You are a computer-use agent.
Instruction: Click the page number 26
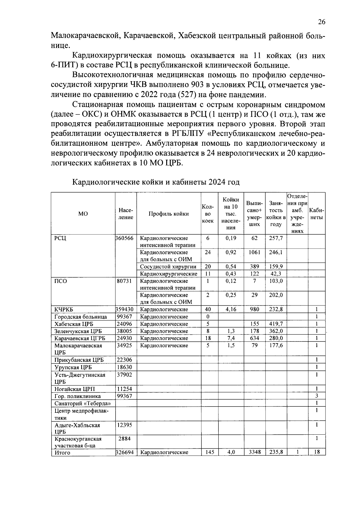click(321, 22)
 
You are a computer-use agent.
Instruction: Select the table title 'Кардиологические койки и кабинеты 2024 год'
click(156, 182)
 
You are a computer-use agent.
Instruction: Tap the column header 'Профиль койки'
click(169, 214)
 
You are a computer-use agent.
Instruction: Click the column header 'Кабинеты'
click(316, 214)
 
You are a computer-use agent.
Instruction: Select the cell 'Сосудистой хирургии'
click(168, 266)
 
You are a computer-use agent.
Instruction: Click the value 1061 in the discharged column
click(254, 252)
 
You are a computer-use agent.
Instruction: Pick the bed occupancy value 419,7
click(276, 324)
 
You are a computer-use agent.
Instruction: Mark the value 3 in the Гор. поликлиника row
click(316, 396)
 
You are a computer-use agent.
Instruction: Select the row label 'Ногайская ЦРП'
click(74, 389)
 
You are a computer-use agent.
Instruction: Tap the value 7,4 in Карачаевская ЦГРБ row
click(231, 338)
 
